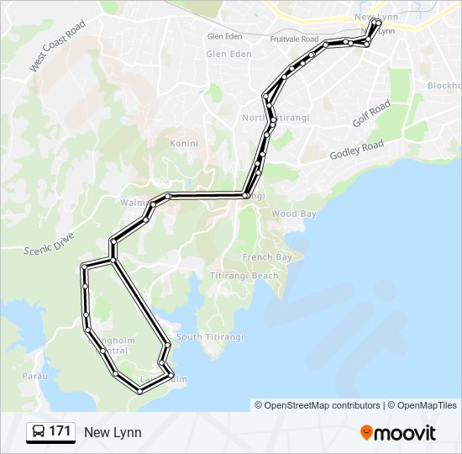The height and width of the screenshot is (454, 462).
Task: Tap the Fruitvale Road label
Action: [x=294, y=40]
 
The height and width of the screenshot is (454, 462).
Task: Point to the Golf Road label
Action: [x=371, y=113]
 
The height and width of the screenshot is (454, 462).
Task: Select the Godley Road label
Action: [x=356, y=150]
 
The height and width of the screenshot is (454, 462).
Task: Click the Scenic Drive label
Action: [x=50, y=245]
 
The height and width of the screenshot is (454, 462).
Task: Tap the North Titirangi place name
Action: [x=276, y=117]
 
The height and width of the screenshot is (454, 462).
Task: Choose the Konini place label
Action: [x=184, y=143]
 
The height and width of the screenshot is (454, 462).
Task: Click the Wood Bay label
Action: [x=294, y=214]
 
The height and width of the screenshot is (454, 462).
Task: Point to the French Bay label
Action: [x=267, y=256]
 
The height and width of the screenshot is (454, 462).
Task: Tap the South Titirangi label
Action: [x=210, y=337]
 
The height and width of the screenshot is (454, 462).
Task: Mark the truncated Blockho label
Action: [x=444, y=86]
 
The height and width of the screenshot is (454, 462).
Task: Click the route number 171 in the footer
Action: [x=60, y=432]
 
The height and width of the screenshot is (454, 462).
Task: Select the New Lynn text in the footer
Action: [x=113, y=433]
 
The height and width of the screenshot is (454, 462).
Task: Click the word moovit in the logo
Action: [x=405, y=433]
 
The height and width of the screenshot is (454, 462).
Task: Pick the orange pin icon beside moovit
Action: [x=366, y=433]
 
